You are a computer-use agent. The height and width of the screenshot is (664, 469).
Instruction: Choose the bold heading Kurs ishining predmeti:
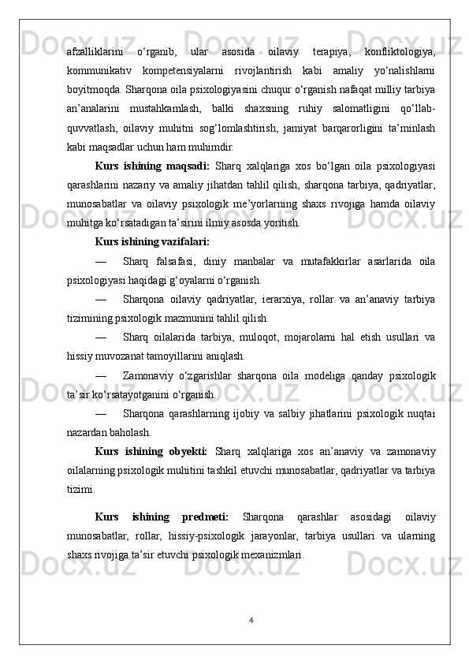click(x=161, y=517)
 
